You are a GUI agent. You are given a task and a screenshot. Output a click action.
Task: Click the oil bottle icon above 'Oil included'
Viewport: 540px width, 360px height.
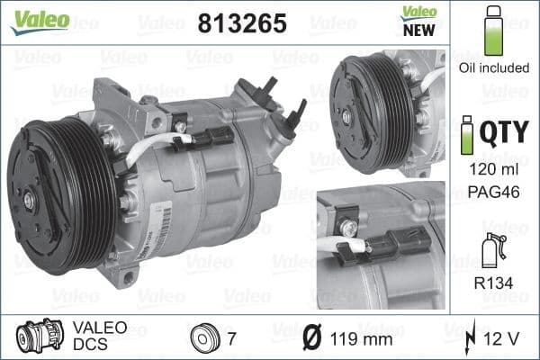point(492,31)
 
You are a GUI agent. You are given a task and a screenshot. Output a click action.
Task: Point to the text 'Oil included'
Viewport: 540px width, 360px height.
point(492,67)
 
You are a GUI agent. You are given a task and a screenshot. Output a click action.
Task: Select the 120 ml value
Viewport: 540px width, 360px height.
point(492,168)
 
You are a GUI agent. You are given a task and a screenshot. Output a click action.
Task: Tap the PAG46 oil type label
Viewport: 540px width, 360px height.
point(492,191)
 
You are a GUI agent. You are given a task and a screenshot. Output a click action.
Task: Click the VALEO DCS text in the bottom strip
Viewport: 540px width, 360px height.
point(100,337)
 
